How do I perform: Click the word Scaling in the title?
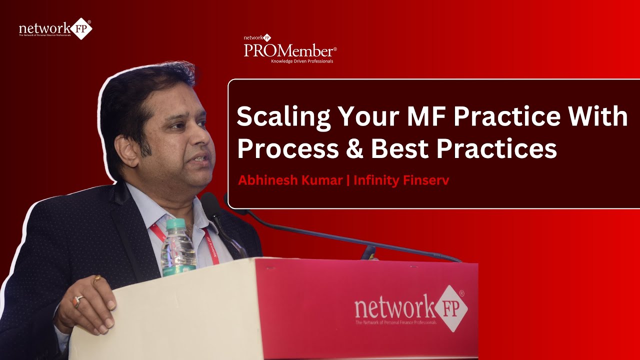[282, 116]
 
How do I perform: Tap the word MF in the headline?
[429, 115]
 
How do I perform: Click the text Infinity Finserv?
[401, 180]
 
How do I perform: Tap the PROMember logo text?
[290, 50]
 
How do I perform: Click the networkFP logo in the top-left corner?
[55, 28]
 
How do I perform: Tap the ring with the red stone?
[78, 300]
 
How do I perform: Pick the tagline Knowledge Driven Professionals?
[301, 61]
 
